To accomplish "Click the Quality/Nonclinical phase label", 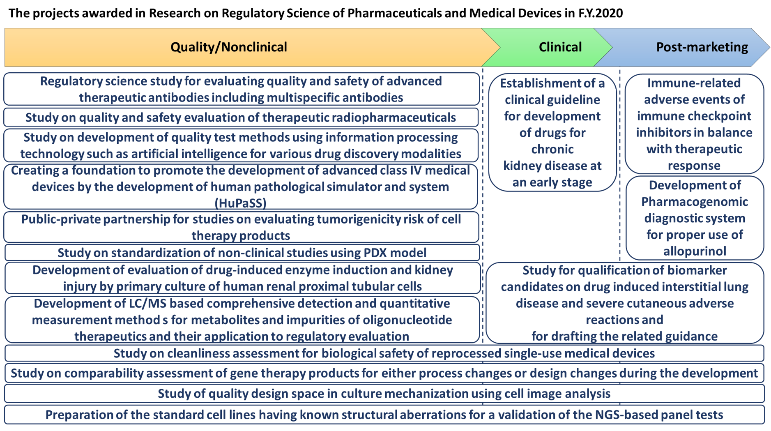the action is [x=229, y=47].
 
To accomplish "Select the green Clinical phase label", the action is [x=560, y=47].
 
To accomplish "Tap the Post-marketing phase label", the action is [x=702, y=47].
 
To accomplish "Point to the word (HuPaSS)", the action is [x=241, y=203].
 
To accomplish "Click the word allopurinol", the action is [x=695, y=251].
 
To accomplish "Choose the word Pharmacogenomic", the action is [x=695, y=202].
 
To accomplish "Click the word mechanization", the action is [x=415, y=394].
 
